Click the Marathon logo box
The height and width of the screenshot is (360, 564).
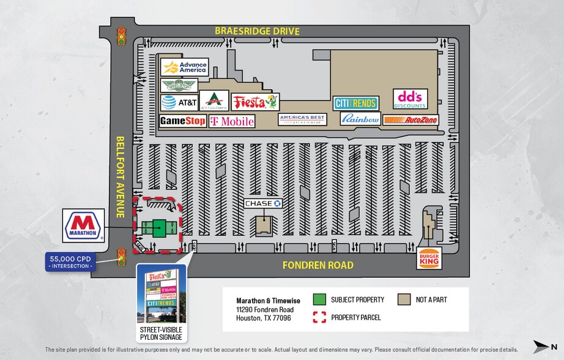[x=84, y=225]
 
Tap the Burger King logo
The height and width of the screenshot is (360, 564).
[x=428, y=258]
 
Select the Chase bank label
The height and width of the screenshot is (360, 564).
[x=264, y=203]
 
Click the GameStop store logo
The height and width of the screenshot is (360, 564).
[x=183, y=121]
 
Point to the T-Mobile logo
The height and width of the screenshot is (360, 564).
[x=232, y=121]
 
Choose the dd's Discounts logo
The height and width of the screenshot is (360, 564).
[x=410, y=99]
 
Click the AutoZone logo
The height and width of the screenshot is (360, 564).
[x=411, y=120]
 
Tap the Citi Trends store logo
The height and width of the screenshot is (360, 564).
[x=355, y=103]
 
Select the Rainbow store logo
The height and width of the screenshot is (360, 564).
[x=360, y=119]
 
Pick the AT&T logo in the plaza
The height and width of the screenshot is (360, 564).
[x=179, y=102]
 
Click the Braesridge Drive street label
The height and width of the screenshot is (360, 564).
[x=257, y=31]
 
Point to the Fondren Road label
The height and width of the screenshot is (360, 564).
[x=317, y=266]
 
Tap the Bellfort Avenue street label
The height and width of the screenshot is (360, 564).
[x=121, y=176]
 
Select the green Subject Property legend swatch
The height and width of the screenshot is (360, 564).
[x=319, y=300]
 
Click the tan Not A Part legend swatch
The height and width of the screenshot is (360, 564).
[x=404, y=300]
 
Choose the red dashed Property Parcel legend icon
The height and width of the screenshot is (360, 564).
[x=319, y=317]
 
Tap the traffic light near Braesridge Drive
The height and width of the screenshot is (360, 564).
[x=122, y=36]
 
